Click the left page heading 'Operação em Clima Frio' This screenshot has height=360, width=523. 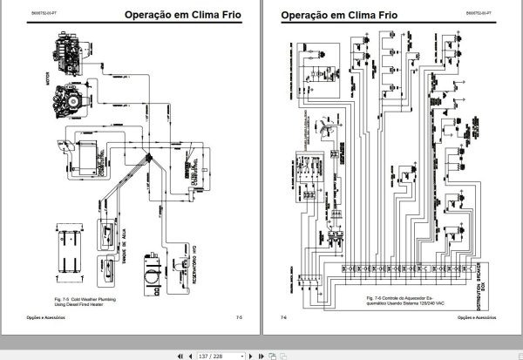[x=183, y=15]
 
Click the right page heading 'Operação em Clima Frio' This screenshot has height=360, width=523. [x=338, y=15]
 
